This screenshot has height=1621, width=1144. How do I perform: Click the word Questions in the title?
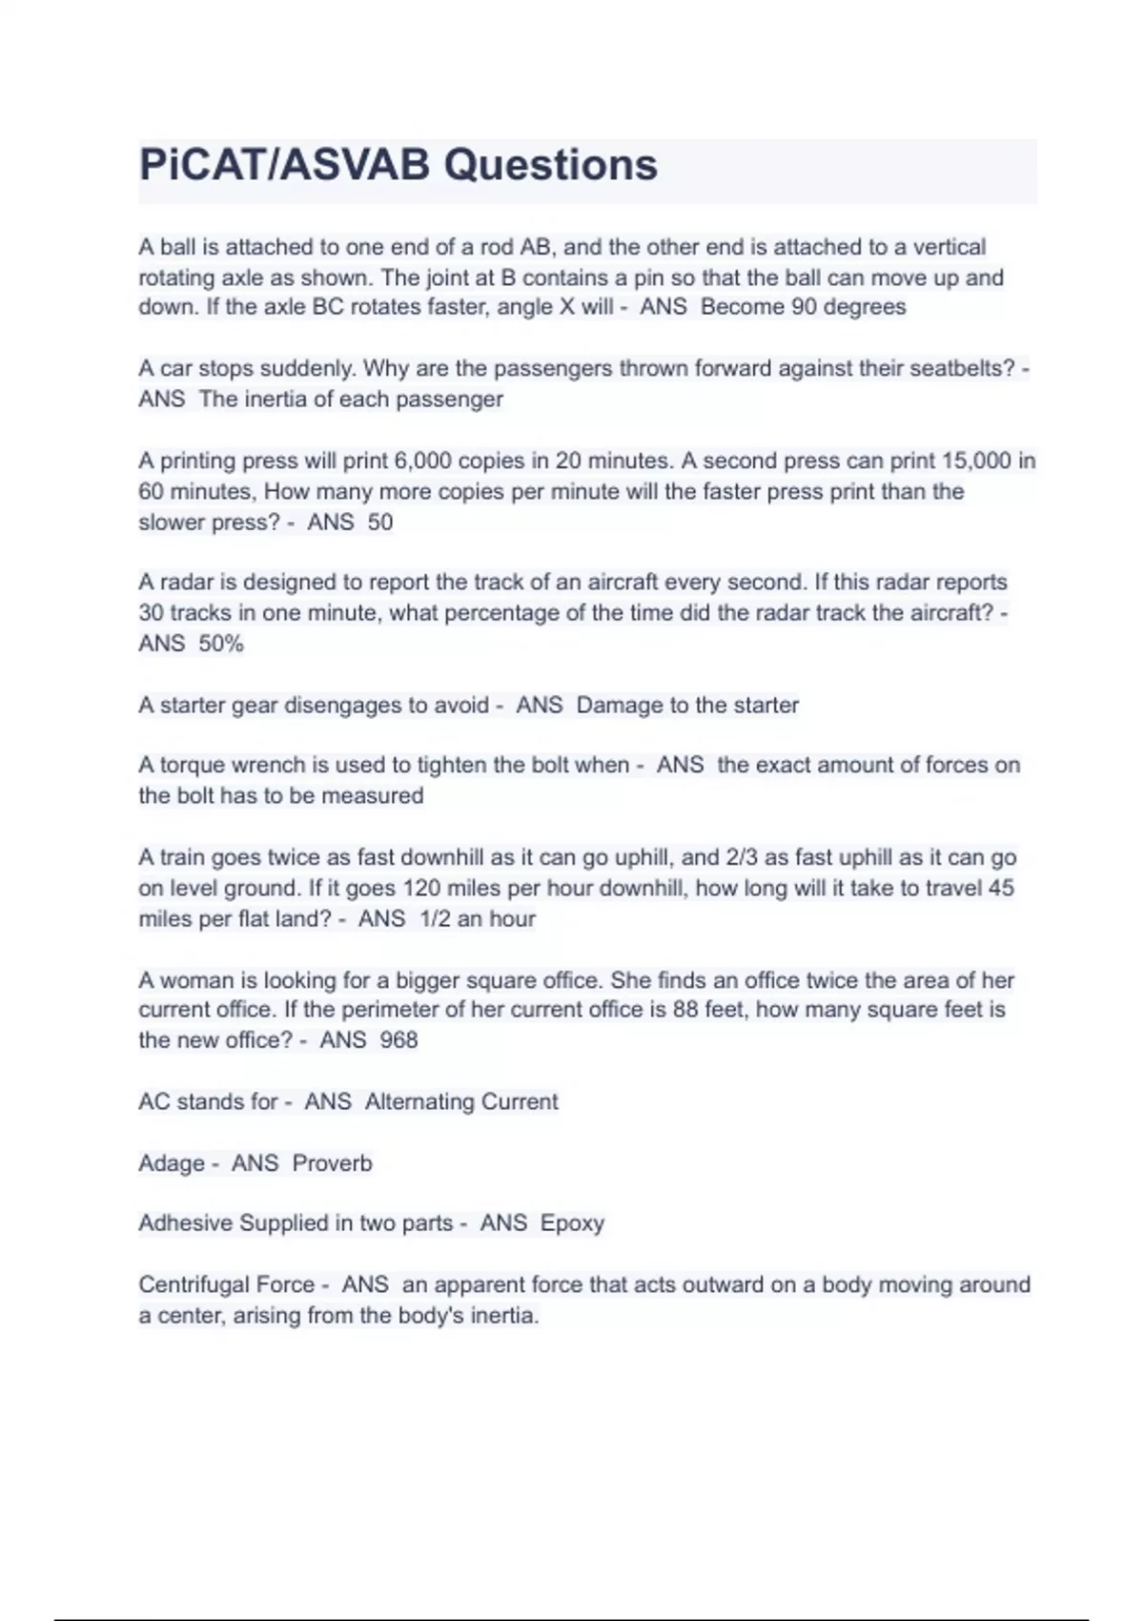click(x=550, y=165)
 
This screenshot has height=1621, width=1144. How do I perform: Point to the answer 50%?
click(x=221, y=645)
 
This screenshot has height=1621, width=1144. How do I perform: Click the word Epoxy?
click(x=572, y=1223)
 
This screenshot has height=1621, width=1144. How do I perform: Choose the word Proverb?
click(x=332, y=1163)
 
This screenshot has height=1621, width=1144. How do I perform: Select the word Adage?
click(x=172, y=1163)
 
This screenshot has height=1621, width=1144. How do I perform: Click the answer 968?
click(x=398, y=1040)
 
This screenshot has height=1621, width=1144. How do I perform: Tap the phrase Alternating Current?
click(x=461, y=1102)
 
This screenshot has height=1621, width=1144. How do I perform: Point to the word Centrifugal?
click(x=194, y=1285)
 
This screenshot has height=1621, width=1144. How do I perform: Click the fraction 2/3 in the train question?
click(x=741, y=857)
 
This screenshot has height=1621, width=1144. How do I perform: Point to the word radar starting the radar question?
click(x=188, y=583)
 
